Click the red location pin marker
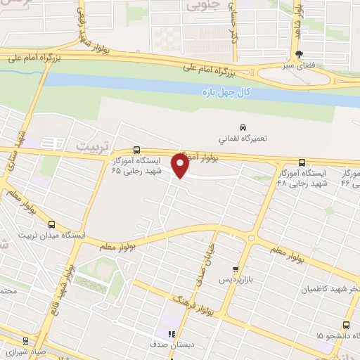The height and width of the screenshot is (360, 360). [x=181, y=166]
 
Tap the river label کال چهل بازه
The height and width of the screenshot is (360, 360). [x=224, y=91]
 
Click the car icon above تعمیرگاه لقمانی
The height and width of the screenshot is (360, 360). [x=243, y=127]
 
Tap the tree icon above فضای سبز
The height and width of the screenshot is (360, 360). [x=300, y=54]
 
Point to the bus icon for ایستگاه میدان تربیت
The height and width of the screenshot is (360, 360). [x=51, y=224]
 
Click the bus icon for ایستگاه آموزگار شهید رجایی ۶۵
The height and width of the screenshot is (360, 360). [x=136, y=150]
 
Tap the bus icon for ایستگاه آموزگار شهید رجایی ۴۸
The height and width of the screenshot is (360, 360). [x=302, y=161]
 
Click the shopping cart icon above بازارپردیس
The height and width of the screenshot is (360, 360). [x=236, y=269]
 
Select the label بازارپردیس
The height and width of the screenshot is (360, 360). [x=233, y=280]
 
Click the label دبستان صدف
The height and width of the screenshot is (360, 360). [x=167, y=346]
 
